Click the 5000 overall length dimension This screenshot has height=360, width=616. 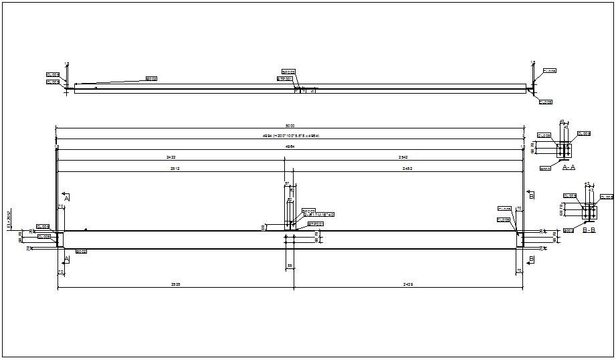click(x=290, y=126)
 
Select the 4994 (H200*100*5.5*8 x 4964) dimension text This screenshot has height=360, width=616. click(x=290, y=136)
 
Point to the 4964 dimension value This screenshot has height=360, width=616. click(x=290, y=146)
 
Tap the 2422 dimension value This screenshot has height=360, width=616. click(x=171, y=157)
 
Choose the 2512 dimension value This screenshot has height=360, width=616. click(x=175, y=169)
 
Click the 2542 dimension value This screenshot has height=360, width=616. click(x=403, y=157)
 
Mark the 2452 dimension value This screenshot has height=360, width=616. click(x=407, y=169)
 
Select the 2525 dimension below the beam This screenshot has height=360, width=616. click(x=175, y=284)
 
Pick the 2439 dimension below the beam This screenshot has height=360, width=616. click(x=407, y=284)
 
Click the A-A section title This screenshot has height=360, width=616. click(x=569, y=167)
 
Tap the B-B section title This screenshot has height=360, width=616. click(x=589, y=230)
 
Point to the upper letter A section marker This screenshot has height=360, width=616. click(x=66, y=199)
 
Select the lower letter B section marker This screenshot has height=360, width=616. click(x=532, y=258)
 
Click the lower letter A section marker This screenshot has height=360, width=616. click(x=66, y=258)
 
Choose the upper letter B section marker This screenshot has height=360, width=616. click(x=532, y=197)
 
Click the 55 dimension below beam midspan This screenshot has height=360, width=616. click(x=290, y=266)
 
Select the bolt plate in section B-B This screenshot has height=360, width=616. click(x=589, y=213)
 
